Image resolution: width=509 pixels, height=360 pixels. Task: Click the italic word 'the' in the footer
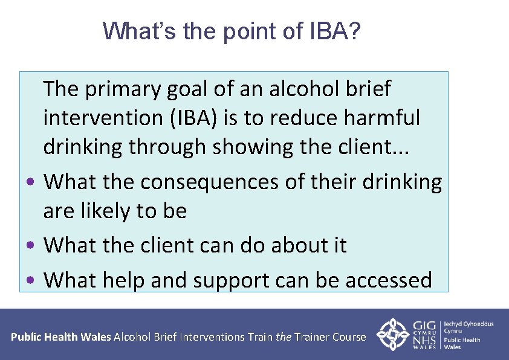pyautogui.click(x=283, y=337)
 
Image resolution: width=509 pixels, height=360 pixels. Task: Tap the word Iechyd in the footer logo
pyautogui.click(x=458, y=324)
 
